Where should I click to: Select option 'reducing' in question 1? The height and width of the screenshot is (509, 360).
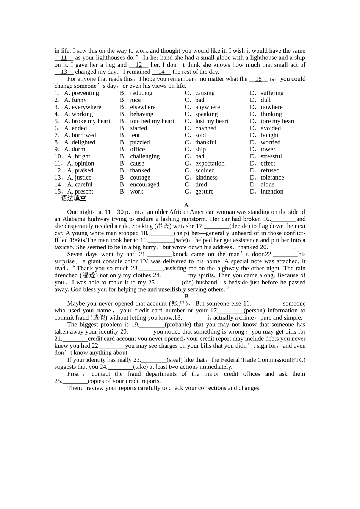point(141,93)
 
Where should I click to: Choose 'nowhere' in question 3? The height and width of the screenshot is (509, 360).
point(271,107)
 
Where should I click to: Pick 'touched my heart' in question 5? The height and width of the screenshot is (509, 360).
point(152,121)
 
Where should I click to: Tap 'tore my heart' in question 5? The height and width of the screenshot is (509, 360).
point(277,121)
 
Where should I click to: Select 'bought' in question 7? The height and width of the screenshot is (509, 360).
point(269,135)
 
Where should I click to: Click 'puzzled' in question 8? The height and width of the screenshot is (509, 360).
point(140,142)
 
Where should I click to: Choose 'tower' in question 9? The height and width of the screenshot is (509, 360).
point(268,149)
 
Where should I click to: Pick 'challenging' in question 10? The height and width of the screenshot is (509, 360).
point(145,156)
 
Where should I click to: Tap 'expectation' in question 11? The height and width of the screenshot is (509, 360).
point(210,164)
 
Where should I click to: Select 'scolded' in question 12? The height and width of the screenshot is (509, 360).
point(205,170)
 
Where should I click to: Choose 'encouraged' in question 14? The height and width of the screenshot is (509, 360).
point(144,185)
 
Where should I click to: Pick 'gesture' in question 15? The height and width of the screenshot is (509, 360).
point(204,192)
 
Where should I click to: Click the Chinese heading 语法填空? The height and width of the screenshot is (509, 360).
point(74,198)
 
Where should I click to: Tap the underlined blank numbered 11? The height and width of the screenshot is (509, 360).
point(64,58)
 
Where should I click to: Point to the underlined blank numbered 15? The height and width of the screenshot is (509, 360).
point(258,79)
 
